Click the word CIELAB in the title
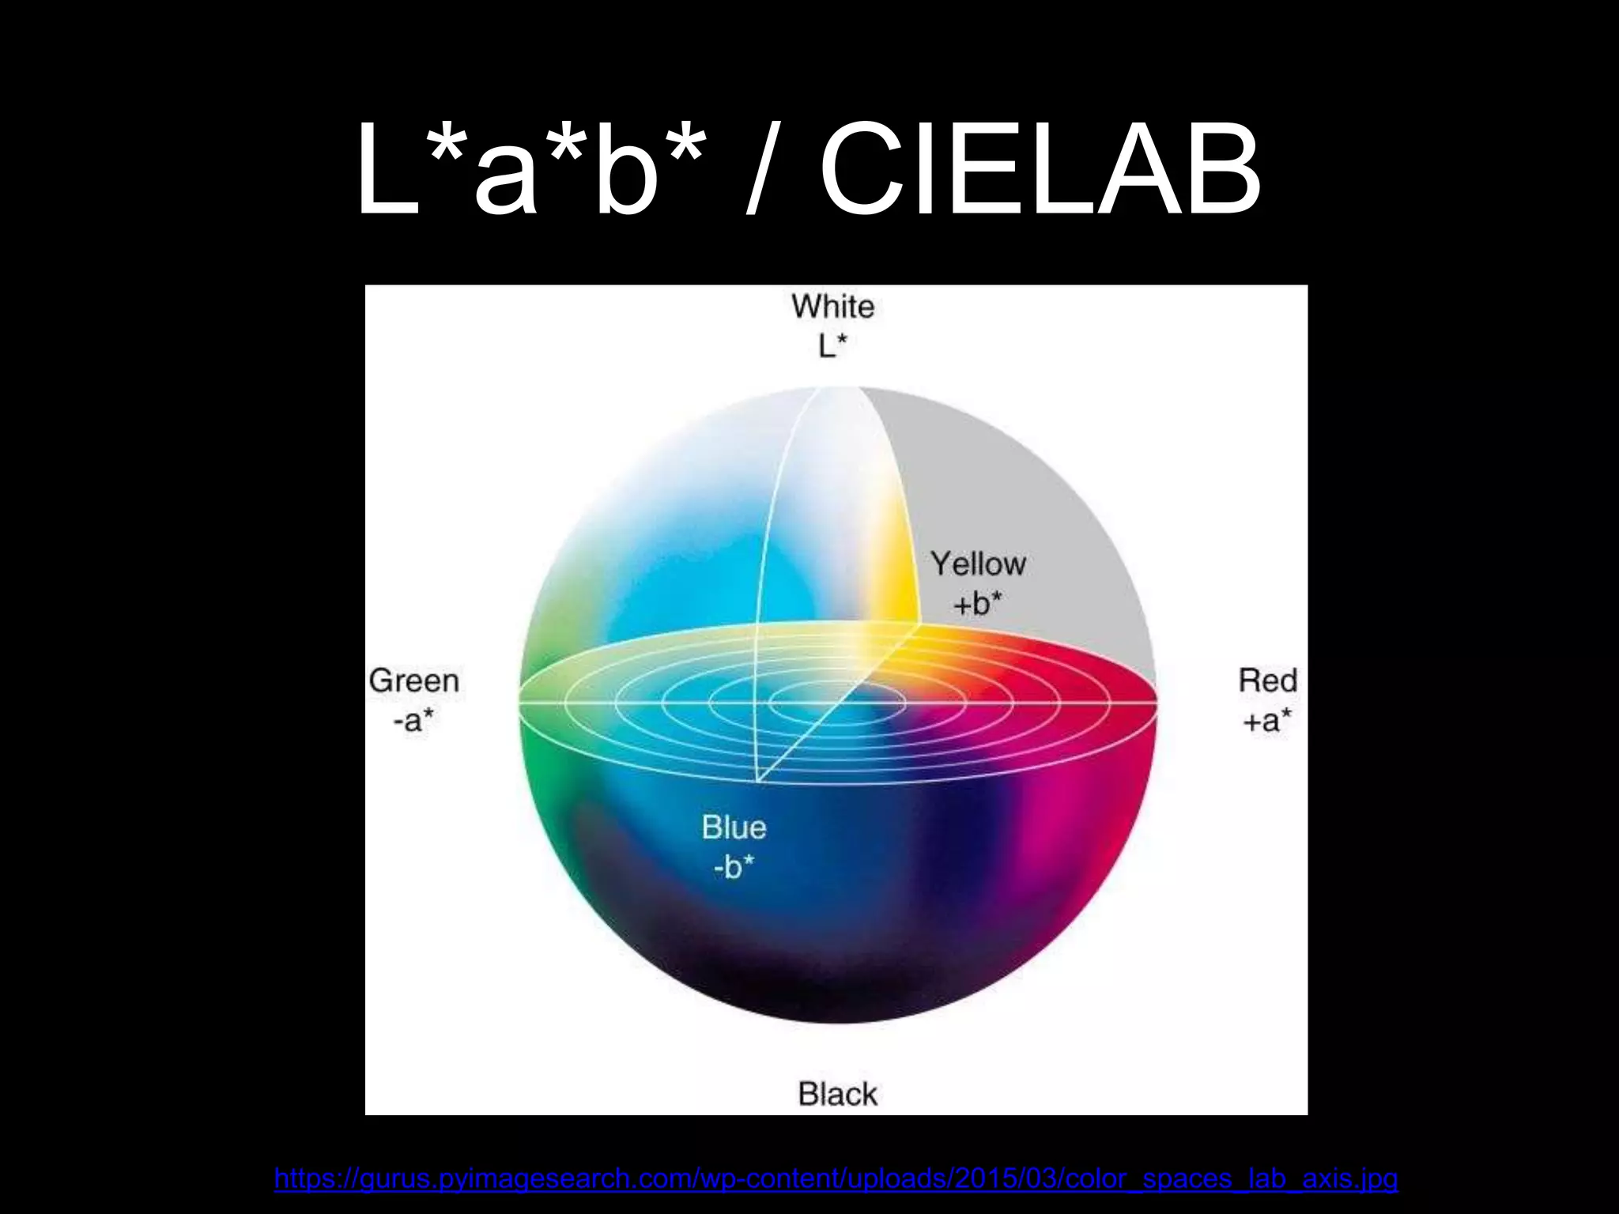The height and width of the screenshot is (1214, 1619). tap(1040, 170)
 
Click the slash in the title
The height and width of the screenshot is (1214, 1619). tap(760, 170)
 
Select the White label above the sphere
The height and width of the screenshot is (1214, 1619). tap(832, 307)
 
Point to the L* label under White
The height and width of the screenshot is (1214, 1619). tap(832, 346)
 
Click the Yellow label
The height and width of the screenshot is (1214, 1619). tap(978, 564)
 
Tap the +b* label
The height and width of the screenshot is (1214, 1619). tap(977, 604)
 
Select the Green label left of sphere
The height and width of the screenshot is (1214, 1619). tap(413, 681)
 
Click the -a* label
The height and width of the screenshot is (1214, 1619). tap(413, 720)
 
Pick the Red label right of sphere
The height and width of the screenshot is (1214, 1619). tap(1267, 681)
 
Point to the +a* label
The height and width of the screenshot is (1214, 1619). tap(1267, 720)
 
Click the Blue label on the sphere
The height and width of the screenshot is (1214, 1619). tap(734, 828)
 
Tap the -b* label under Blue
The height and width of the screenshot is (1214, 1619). tap(734, 867)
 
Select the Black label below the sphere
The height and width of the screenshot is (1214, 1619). tap(837, 1094)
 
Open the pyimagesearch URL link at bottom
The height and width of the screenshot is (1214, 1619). tap(836, 1178)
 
